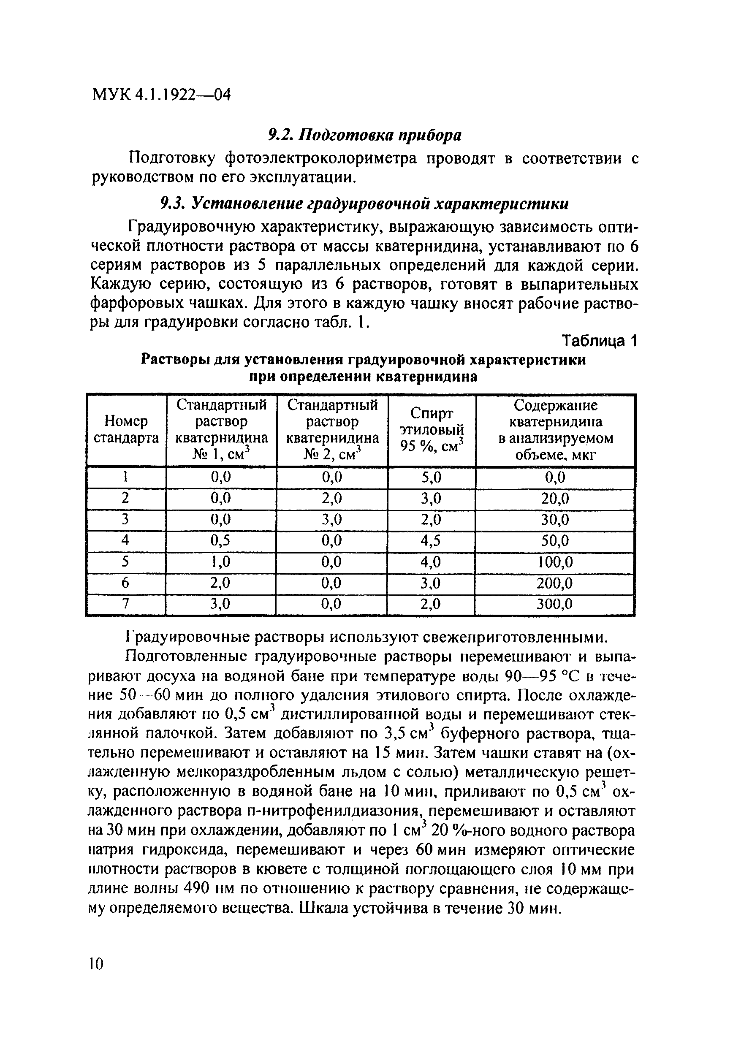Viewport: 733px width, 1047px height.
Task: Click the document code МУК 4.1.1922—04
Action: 161,95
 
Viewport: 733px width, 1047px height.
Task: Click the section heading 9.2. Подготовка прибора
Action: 364,135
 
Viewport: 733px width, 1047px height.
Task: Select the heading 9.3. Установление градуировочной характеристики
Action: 364,203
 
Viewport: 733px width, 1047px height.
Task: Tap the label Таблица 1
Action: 599,341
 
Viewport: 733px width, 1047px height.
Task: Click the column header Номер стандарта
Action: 126,429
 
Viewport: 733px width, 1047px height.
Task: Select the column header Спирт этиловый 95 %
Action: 432,429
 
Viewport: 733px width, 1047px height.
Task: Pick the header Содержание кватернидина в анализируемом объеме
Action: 555,429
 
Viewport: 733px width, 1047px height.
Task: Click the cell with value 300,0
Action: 554,604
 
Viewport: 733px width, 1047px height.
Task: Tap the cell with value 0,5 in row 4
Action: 221,540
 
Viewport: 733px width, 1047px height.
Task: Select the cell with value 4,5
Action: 431,540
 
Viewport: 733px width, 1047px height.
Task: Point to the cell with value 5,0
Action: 432,477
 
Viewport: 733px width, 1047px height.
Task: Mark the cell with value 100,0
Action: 555,562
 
